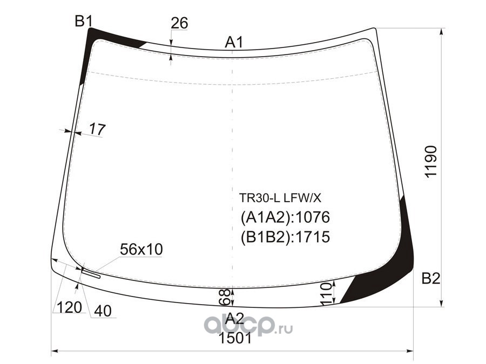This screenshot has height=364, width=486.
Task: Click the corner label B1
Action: click(84, 22)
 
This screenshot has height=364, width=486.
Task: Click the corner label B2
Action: click(431, 279)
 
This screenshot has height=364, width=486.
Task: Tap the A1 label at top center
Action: click(234, 43)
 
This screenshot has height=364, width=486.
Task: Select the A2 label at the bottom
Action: click(235, 318)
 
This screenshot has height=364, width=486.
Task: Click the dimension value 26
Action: click(179, 23)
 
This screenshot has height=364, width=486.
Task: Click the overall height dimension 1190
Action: click(431, 161)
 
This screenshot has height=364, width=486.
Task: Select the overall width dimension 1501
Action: click(235, 338)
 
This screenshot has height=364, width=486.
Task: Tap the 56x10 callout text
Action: click(141, 249)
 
